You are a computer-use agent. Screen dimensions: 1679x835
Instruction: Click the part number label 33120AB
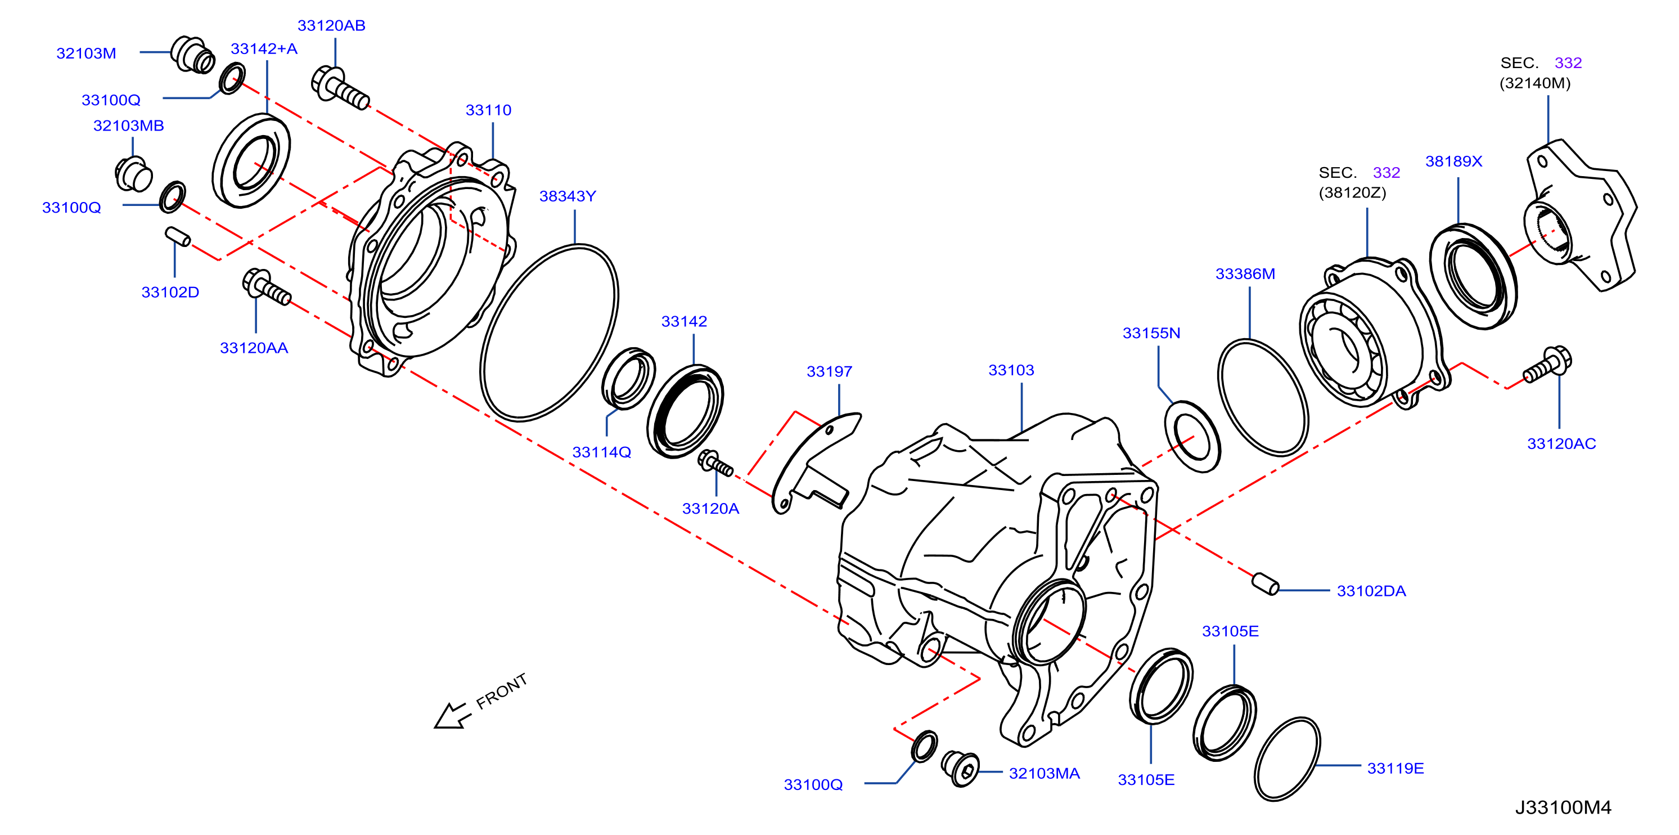331,25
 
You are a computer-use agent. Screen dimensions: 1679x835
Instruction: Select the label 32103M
86,53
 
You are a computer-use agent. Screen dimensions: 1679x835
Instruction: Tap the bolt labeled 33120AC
1547,363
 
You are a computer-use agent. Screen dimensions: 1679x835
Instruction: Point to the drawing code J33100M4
1563,807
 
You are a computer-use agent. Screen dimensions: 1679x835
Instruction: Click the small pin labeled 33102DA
1265,583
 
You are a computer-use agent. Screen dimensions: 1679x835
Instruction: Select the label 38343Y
567,196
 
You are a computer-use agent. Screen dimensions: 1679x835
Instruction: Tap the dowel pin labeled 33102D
178,237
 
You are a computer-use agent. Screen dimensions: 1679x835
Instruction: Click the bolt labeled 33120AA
266,288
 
